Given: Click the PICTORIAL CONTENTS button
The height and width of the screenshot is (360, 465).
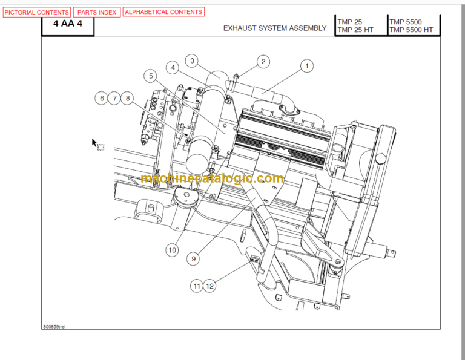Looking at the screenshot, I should (x=37, y=12).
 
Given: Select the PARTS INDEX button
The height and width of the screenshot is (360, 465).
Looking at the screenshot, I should (x=97, y=12).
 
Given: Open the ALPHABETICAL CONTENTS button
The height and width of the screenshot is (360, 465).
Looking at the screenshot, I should (x=163, y=12).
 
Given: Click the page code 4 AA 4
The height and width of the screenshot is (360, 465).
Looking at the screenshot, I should (x=68, y=25).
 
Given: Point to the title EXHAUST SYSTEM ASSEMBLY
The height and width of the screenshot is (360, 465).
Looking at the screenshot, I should (x=274, y=28).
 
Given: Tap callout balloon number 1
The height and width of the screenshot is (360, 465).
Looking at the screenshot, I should (x=306, y=66).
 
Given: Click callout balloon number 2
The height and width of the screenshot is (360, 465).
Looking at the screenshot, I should (x=263, y=61).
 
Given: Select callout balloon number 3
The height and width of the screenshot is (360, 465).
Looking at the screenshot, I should (x=192, y=61).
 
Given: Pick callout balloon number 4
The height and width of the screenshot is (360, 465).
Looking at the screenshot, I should (x=173, y=68).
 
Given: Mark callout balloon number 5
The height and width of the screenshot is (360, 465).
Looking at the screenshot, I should (x=151, y=76).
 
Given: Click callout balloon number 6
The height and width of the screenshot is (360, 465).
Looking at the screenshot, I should (x=102, y=98).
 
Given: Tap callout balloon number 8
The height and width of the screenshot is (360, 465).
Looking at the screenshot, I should (x=127, y=98).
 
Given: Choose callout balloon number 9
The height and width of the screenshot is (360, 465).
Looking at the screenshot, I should (x=194, y=258).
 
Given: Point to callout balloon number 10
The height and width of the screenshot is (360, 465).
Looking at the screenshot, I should (x=172, y=249).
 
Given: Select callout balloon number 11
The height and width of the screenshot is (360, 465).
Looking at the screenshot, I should (x=196, y=286).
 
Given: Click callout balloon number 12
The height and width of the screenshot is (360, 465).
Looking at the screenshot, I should (x=209, y=286).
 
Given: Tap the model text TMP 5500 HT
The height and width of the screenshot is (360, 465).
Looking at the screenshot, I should (x=411, y=30).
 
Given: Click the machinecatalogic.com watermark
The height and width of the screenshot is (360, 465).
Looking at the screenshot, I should (x=212, y=179).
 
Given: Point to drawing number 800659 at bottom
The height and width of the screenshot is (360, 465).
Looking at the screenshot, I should (x=54, y=326).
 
